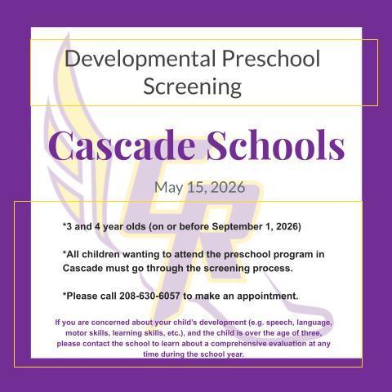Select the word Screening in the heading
(x=192, y=85)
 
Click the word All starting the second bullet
(x=73, y=254)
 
